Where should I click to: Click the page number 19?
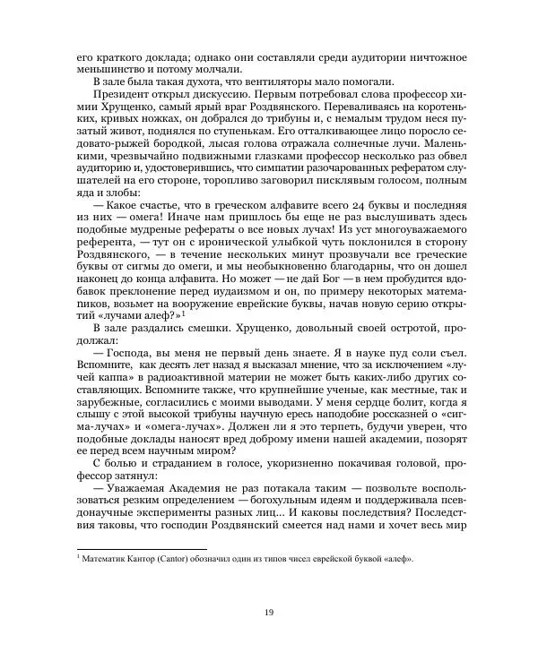(x=269, y=612)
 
